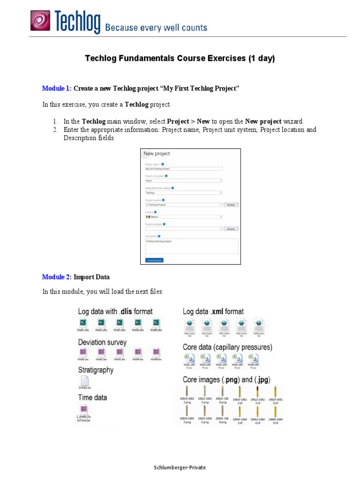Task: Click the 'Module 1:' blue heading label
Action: tap(57, 88)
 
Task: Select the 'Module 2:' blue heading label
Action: tap(57, 277)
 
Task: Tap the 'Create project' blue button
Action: tap(154, 260)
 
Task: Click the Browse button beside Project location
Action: tap(231, 205)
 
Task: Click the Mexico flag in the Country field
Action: tap(148, 217)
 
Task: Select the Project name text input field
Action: tap(183, 168)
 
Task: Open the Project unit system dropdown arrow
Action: tap(221, 180)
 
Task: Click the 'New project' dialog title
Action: tap(157, 154)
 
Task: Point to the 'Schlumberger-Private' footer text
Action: tap(180, 467)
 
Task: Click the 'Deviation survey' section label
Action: tap(102, 342)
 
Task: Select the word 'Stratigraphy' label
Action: tap(96, 370)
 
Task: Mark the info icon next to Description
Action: tap(159, 236)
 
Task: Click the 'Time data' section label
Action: tap(92, 397)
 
